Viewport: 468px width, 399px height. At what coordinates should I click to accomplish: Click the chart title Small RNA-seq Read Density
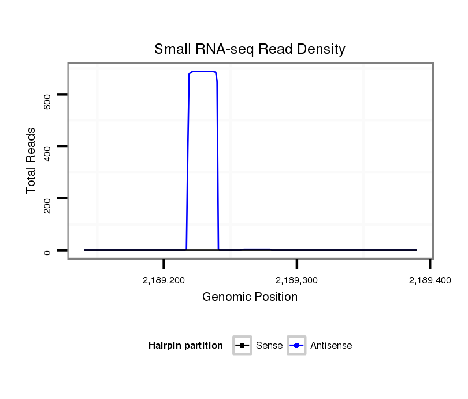250,49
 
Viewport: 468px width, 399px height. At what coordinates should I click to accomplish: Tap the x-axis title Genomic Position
250,297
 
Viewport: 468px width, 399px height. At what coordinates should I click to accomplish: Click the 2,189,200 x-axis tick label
164,280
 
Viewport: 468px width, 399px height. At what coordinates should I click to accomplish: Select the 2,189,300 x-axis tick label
297,280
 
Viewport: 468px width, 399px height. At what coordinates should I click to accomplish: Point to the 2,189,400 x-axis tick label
429,280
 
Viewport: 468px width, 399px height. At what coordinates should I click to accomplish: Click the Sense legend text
269,346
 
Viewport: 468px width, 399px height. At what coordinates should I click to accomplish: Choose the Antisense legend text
331,346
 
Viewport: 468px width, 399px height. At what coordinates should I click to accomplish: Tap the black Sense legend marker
242,346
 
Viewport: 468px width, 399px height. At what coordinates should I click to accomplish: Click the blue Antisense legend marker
296,346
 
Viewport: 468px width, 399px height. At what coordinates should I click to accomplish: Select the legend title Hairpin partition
185,346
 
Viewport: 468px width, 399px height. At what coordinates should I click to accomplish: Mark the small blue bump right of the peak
256,249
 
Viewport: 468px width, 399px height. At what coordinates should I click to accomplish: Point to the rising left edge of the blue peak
188,162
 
